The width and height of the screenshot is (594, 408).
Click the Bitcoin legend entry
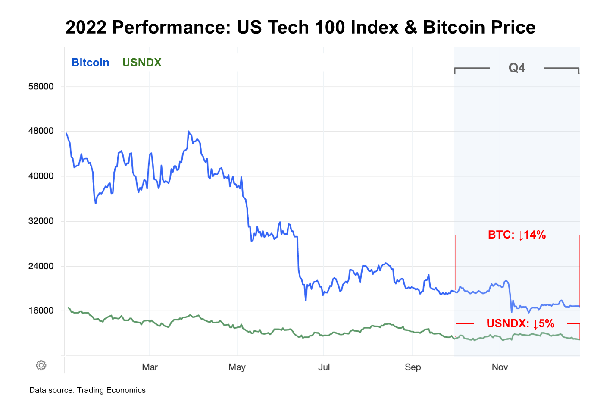90,63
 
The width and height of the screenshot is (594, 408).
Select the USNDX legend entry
142,63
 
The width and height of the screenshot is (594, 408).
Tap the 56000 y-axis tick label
41,86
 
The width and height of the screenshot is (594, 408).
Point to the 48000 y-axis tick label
41,131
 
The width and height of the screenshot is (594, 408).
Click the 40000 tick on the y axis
41,176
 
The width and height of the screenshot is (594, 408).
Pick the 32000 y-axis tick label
41,221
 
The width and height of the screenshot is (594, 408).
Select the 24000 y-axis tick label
41,266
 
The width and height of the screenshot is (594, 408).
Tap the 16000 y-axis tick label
41,311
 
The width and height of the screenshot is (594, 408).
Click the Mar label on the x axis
150,367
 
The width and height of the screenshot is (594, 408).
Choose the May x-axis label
237,367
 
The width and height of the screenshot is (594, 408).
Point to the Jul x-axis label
324,367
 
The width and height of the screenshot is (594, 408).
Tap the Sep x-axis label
413,367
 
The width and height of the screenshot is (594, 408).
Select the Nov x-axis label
500,367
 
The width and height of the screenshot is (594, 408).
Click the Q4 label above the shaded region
517,68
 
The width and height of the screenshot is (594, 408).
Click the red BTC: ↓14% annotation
517,235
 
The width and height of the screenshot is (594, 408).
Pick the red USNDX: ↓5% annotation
520,323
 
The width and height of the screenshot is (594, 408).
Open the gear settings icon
41,365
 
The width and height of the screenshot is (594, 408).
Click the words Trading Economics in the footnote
111,390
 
